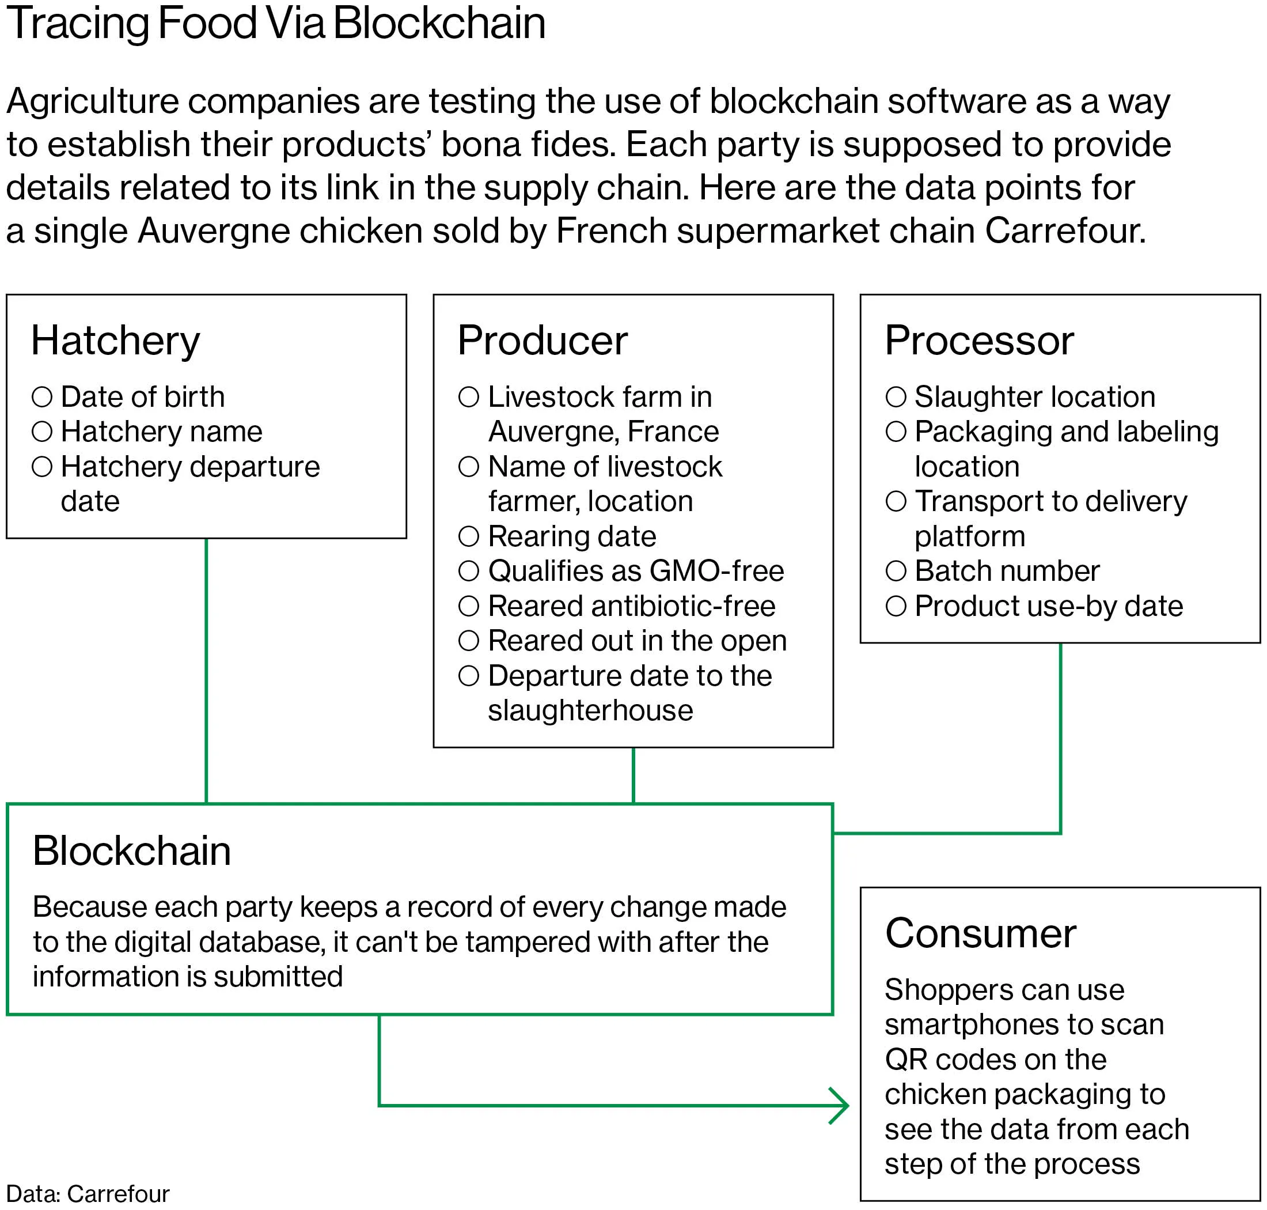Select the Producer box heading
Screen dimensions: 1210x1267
pyautogui.click(x=543, y=341)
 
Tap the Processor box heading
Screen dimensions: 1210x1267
pyautogui.click(x=979, y=341)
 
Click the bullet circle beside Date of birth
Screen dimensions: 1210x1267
pyautogui.click(x=42, y=396)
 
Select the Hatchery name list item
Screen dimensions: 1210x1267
pyautogui.click(x=161, y=432)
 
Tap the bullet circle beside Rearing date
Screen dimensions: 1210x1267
pyautogui.click(x=469, y=536)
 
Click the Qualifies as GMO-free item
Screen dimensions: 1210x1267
pyautogui.click(x=635, y=571)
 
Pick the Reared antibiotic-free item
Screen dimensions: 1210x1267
pyautogui.click(x=631, y=606)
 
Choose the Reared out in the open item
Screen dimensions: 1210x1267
pyautogui.click(x=637, y=641)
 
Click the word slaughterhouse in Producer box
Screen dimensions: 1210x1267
pyautogui.click(x=590, y=710)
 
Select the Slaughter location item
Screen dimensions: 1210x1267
pyautogui.click(x=1034, y=396)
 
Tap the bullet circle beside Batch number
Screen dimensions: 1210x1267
pyautogui.click(x=896, y=571)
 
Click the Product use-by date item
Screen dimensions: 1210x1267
pyautogui.click(x=1048, y=606)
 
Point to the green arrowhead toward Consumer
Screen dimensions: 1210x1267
pyautogui.click(x=841, y=1106)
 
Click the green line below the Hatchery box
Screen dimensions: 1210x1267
pyautogui.click(x=206, y=671)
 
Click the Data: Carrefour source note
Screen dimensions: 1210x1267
pyautogui.click(x=88, y=1194)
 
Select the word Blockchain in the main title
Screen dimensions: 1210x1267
pyautogui.click(x=439, y=23)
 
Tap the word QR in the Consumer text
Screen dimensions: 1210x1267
pyautogui.click(x=905, y=1059)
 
